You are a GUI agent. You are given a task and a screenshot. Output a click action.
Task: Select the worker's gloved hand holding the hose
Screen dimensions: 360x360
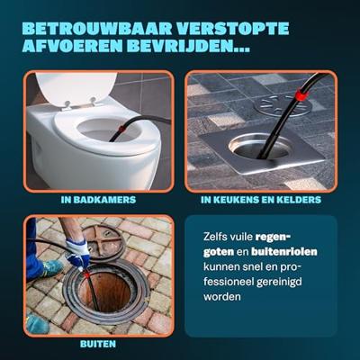point(77,256)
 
